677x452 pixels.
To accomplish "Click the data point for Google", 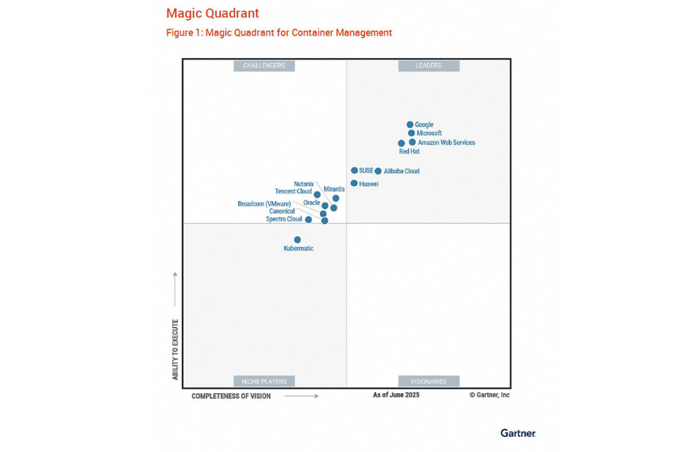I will [x=410, y=124].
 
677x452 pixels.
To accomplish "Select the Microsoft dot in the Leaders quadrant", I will [x=411, y=133].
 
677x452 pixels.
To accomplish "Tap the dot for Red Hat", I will [x=401, y=143].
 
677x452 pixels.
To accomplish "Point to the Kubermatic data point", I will [x=298, y=240].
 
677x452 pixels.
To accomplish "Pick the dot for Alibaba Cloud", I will [x=378, y=171].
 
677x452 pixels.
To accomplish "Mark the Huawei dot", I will [x=354, y=183].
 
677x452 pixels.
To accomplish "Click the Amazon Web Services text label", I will [x=446, y=142].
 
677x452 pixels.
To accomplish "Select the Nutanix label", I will [x=303, y=184].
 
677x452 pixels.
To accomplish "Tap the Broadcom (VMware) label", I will [x=264, y=204].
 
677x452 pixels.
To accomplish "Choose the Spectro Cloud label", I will [x=284, y=219].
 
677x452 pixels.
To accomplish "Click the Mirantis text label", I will [x=334, y=189].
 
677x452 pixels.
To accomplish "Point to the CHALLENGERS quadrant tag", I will [x=264, y=66].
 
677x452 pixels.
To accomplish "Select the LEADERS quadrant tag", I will [x=428, y=66].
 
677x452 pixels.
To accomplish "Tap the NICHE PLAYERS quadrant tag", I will [x=264, y=381].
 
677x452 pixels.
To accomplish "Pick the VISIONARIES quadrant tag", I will [x=428, y=381].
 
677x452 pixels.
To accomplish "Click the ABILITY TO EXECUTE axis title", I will [x=175, y=349].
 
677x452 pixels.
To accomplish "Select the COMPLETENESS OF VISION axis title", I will [x=231, y=396].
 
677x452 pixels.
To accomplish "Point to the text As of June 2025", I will [x=396, y=395].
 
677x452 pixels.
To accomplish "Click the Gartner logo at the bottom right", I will [x=518, y=433].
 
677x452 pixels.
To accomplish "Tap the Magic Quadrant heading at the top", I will [x=212, y=13].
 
